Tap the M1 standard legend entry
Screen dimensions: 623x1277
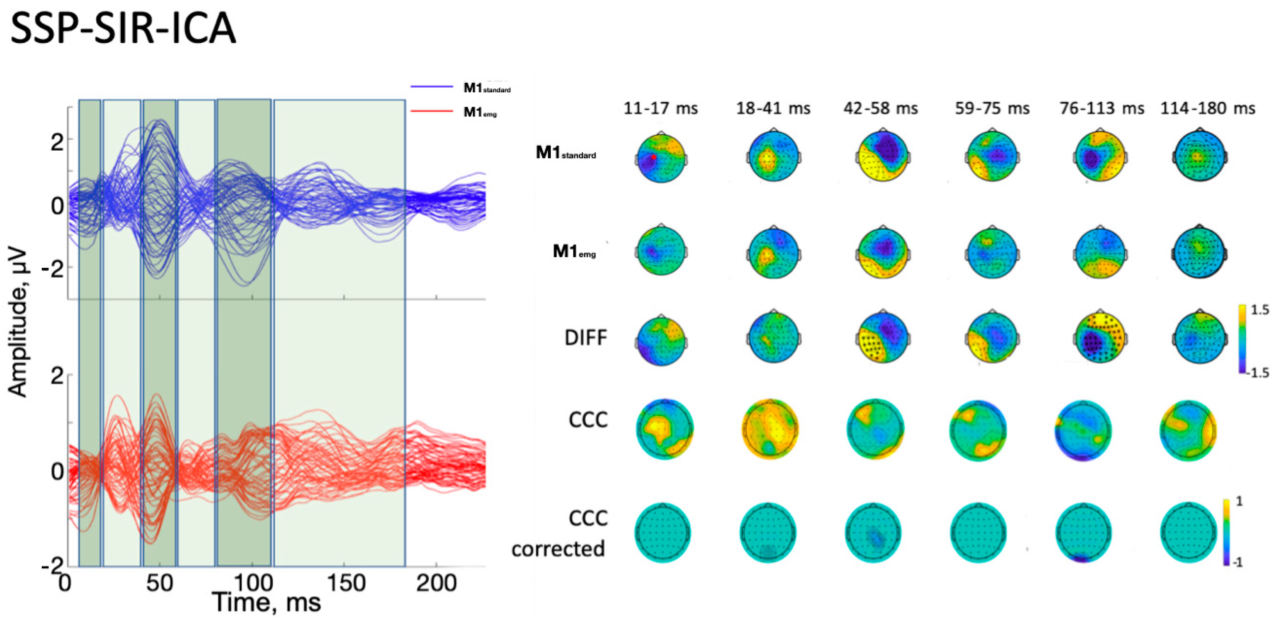[486, 88]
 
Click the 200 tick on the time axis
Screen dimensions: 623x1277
[436, 583]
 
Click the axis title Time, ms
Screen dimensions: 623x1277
[267, 603]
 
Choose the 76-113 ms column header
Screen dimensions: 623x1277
[1102, 108]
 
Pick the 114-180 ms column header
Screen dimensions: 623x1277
[1208, 108]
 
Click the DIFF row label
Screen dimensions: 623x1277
[585, 338]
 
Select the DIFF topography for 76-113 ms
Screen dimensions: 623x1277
[1100, 338]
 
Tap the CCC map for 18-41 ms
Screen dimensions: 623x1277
[770, 429]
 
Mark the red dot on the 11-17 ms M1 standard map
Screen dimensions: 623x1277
[653, 157]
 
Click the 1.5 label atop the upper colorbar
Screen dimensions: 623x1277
[1260, 310]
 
